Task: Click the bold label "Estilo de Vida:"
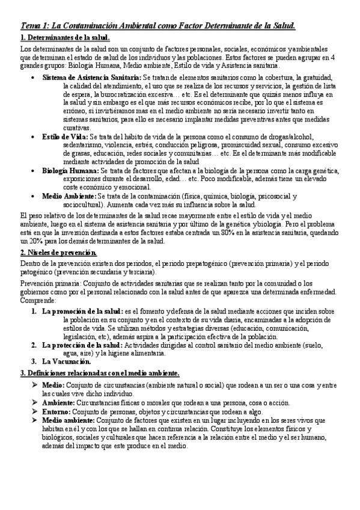[65, 137]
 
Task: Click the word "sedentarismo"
[85, 146]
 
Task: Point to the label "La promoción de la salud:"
[82, 312]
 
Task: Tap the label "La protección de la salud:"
[82, 345]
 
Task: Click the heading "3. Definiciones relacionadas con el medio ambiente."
[100, 373]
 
